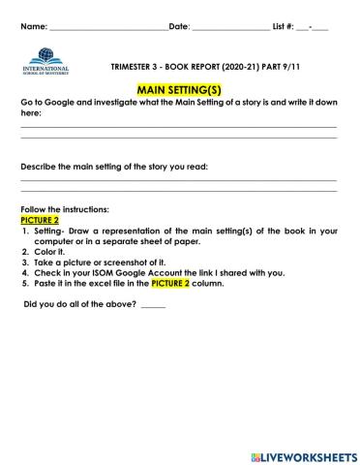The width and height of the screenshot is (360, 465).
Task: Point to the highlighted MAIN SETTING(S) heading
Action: click(x=179, y=86)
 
